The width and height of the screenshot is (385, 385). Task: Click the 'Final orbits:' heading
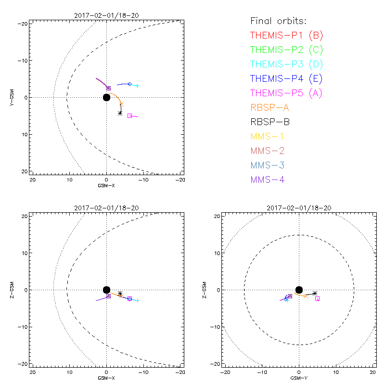(x=278, y=21)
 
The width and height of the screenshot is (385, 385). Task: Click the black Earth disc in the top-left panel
(x=106, y=97)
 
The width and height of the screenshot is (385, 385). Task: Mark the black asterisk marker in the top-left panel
(x=120, y=113)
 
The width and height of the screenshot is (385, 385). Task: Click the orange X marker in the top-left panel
(x=121, y=104)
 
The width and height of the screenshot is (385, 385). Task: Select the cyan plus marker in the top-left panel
(x=137, y=86)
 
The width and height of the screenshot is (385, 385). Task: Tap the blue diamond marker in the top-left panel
(x=129, y=84)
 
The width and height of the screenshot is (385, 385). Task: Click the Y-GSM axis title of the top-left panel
(x=13, y=97)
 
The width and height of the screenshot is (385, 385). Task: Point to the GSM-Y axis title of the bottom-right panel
(x=299, y=378)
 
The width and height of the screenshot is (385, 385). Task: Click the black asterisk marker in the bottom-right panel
(x=315, y=293)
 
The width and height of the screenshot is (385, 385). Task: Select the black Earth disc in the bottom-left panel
(x=106, y=290)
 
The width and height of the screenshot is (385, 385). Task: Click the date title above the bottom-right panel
(x=299, y=208)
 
